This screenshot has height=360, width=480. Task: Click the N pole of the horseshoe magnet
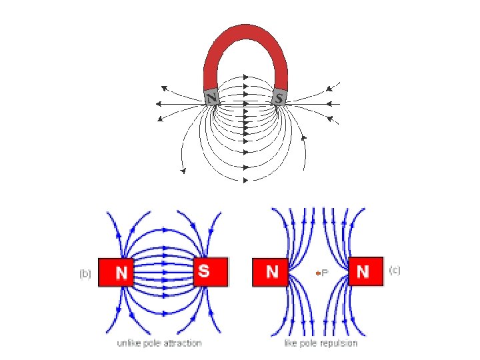coord(212,97)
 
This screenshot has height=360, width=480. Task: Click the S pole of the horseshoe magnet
coord(279,97)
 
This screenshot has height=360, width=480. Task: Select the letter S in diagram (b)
coord(204,271)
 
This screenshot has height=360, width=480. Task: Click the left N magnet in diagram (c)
coord(270,272)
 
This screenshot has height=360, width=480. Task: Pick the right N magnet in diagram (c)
coord(365,271)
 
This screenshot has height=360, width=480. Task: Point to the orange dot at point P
coord(317,273)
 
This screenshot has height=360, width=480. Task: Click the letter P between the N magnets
coord(325,273)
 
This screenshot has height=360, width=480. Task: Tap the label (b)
coord(85,273)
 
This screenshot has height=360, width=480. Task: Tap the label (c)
coord(395,270)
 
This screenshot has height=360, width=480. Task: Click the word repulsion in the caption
coord(338,343)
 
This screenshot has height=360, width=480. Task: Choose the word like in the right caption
coord(291,343)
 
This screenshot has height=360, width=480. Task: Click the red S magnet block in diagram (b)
coord(211,271)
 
